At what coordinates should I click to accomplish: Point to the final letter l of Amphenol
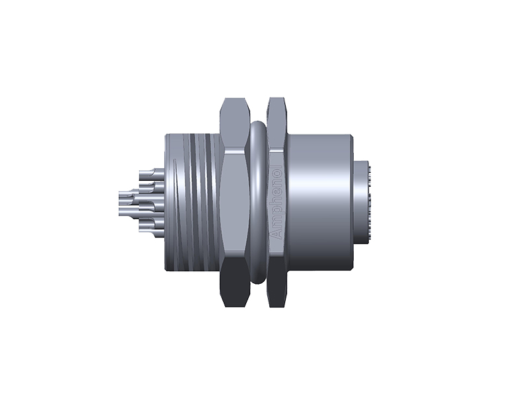click(x=277, y=170)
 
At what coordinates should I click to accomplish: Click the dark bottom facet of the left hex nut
click(x=234, y=290)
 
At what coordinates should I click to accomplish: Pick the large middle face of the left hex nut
click(x=234, y=201)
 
